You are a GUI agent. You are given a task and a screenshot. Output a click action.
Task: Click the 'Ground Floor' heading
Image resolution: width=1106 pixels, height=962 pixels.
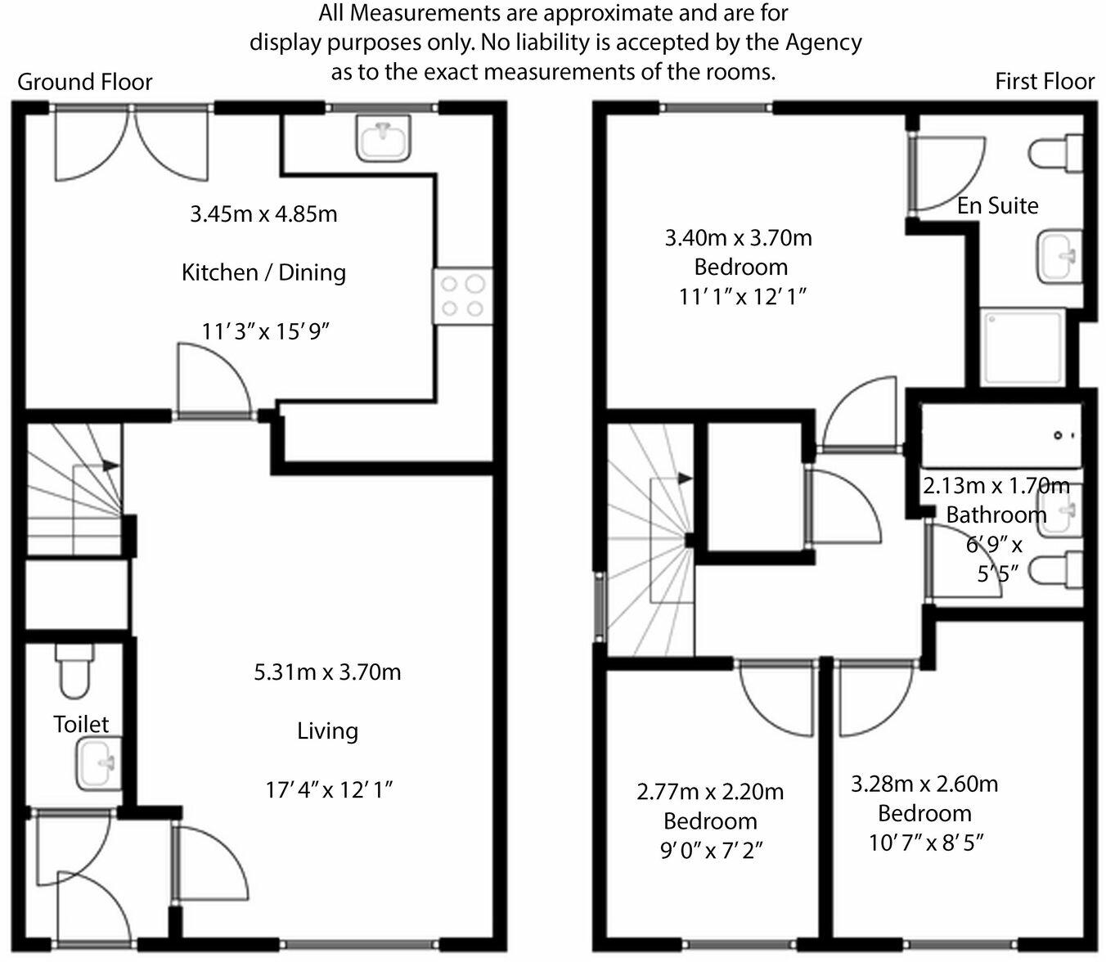pos(85,82)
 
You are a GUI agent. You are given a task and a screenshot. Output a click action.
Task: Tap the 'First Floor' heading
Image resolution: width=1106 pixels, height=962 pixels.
pos(1045,82)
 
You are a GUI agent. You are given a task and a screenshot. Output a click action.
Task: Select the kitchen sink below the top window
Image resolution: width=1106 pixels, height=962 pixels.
pos(383,137)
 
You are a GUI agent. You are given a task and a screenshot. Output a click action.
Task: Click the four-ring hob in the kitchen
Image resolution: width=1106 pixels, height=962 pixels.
pos(463,296)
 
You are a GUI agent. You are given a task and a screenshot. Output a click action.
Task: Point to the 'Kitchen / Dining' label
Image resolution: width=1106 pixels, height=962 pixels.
pos(263,272)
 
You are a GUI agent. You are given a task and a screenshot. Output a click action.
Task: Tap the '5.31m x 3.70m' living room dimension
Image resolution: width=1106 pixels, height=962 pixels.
pos(327,672)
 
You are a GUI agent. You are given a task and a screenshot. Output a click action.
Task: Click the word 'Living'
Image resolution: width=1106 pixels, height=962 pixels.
pos(327,730)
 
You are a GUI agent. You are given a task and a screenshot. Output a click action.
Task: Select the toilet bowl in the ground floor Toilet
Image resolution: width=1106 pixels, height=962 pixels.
pos(74,672)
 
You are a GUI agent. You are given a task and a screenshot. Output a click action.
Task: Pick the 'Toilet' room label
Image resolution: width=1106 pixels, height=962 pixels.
pos(81,724)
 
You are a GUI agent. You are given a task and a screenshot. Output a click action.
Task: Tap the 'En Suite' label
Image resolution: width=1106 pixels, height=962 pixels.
pos(997,205)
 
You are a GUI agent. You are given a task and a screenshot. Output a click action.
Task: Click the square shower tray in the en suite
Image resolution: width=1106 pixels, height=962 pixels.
pos(1023,347)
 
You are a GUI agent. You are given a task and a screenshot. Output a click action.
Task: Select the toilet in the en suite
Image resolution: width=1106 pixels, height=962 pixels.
pos(1056,153)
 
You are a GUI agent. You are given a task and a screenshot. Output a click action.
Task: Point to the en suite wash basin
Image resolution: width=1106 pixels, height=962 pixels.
pos(1060,256)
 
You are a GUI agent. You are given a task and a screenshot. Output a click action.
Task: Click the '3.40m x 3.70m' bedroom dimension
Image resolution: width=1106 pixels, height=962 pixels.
pos(738,238)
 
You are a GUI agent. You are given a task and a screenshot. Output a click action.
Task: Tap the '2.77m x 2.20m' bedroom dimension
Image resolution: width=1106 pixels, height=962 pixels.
pos(710,792)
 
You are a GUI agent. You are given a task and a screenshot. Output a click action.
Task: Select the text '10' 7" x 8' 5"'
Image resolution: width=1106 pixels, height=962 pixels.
pos(925,842)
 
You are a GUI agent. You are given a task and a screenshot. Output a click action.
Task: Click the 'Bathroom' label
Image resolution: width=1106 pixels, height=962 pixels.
pos(996,515)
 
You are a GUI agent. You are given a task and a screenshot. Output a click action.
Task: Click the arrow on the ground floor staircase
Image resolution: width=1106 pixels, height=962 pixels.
pos(111,465)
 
